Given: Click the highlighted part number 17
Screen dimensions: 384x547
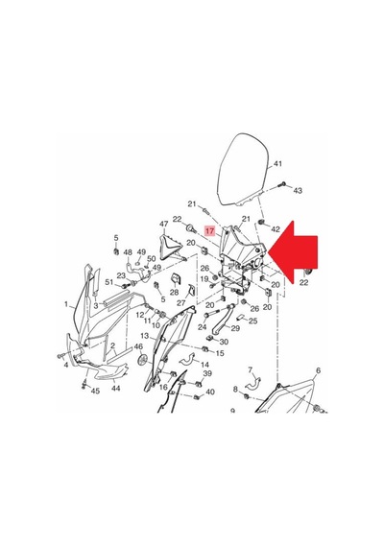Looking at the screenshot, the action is tap(210, 231).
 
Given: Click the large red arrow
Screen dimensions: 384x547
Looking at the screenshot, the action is tap(293, 252).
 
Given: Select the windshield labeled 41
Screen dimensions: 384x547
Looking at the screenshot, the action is tap(243, 169).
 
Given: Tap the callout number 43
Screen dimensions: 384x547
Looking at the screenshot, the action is tap(298, 190).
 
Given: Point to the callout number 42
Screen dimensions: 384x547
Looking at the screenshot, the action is tap(276, 229).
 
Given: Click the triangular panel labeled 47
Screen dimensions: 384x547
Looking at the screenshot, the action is tap(172, 247).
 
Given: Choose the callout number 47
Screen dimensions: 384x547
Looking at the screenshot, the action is tap(164, 224).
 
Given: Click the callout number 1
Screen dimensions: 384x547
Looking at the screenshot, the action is tap(66, 304).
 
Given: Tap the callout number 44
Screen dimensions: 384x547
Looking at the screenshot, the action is tap(115, 388).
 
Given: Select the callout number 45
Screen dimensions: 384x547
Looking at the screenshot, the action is tap(95, 391).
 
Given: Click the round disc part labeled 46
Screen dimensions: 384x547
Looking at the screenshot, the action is tap(142, 360).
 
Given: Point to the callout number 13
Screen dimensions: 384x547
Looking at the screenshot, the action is tap(145, 336).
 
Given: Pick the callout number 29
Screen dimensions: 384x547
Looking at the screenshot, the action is tap(235, 328).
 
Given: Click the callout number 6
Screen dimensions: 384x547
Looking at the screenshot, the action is tap(318, 370).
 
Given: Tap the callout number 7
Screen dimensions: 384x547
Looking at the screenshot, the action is tap(250, 369).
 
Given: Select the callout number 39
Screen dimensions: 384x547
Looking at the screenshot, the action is tap(207, 373).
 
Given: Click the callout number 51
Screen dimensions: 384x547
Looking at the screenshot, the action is tap(109, 282).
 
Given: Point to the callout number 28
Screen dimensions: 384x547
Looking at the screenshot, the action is tap(174, 293).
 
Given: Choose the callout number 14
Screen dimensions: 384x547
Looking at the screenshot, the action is tap(204, 365).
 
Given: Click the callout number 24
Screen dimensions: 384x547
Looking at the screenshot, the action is tap(203, 327).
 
